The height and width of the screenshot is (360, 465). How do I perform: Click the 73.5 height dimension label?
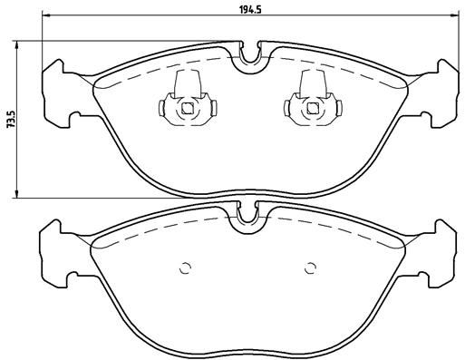tap(10, 120)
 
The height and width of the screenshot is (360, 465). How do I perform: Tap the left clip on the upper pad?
tap(188, 106)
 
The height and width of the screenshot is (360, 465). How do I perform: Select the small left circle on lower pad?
tap(187, 268)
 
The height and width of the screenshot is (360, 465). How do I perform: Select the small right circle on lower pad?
tap(310, 268)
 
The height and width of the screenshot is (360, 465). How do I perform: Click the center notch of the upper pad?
tap(248, 59)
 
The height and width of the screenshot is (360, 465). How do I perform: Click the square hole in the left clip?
tap(188, 111)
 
